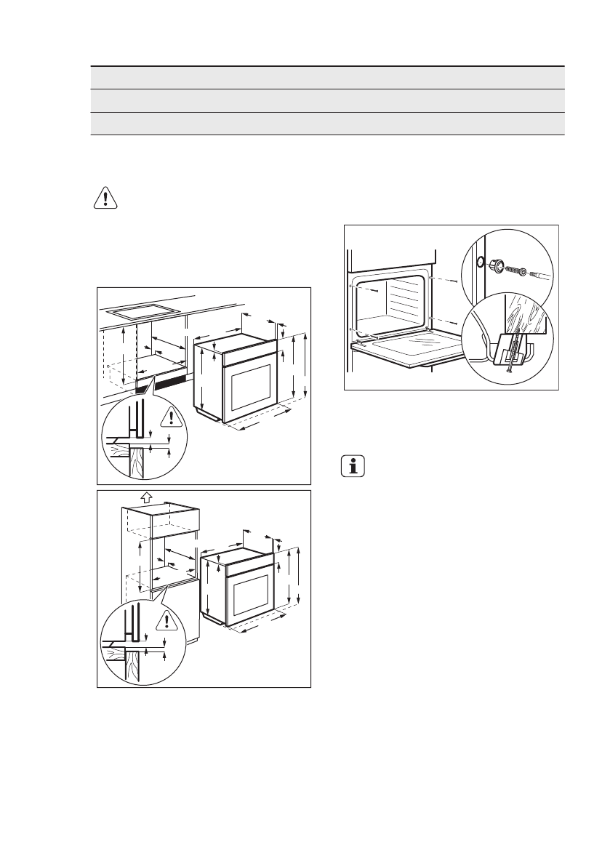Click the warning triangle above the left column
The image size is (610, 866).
(x=105, y=198)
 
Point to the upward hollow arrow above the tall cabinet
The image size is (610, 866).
(x=145, y=497)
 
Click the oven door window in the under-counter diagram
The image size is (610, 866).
(x=251, y=387)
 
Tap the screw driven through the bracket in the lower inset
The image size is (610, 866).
(x=511, y=353)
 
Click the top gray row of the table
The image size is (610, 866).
(x=327, y=78)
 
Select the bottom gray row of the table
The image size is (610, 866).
(x=327, y=123)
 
